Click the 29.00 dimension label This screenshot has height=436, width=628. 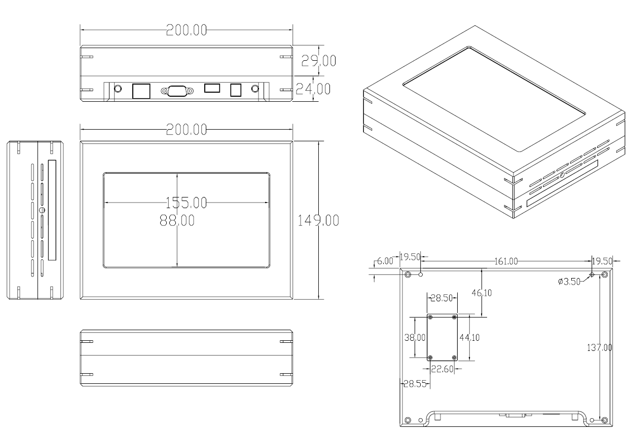coord(318,61)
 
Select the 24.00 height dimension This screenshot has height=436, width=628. coord(313,89)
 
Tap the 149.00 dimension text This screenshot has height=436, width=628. coord(318,220)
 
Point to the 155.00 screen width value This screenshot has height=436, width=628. coord(186,203)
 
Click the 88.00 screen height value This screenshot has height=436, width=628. coord(177,220)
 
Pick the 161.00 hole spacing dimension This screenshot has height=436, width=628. coord(506,261)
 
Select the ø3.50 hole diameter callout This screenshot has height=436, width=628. coord(569,282)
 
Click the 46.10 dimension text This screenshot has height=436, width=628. coord(482,293)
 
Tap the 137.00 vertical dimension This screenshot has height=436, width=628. coord(600,347)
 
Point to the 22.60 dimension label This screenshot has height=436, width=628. coord(442,369)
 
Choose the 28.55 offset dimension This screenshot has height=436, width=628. coord(415,384)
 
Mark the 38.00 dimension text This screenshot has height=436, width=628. coord(415,338)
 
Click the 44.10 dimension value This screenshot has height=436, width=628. coord(469,338)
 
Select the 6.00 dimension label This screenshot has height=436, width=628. coord(385,261)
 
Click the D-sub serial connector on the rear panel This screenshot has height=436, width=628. coord(177,91)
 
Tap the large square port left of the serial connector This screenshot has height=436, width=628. coord(141,91)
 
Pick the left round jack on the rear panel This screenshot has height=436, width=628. coord(118,89)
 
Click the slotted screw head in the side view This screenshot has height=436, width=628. coord(43,210)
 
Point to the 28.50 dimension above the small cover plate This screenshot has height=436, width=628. coord(441,298)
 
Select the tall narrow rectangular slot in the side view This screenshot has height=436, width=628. coord(52,210)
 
